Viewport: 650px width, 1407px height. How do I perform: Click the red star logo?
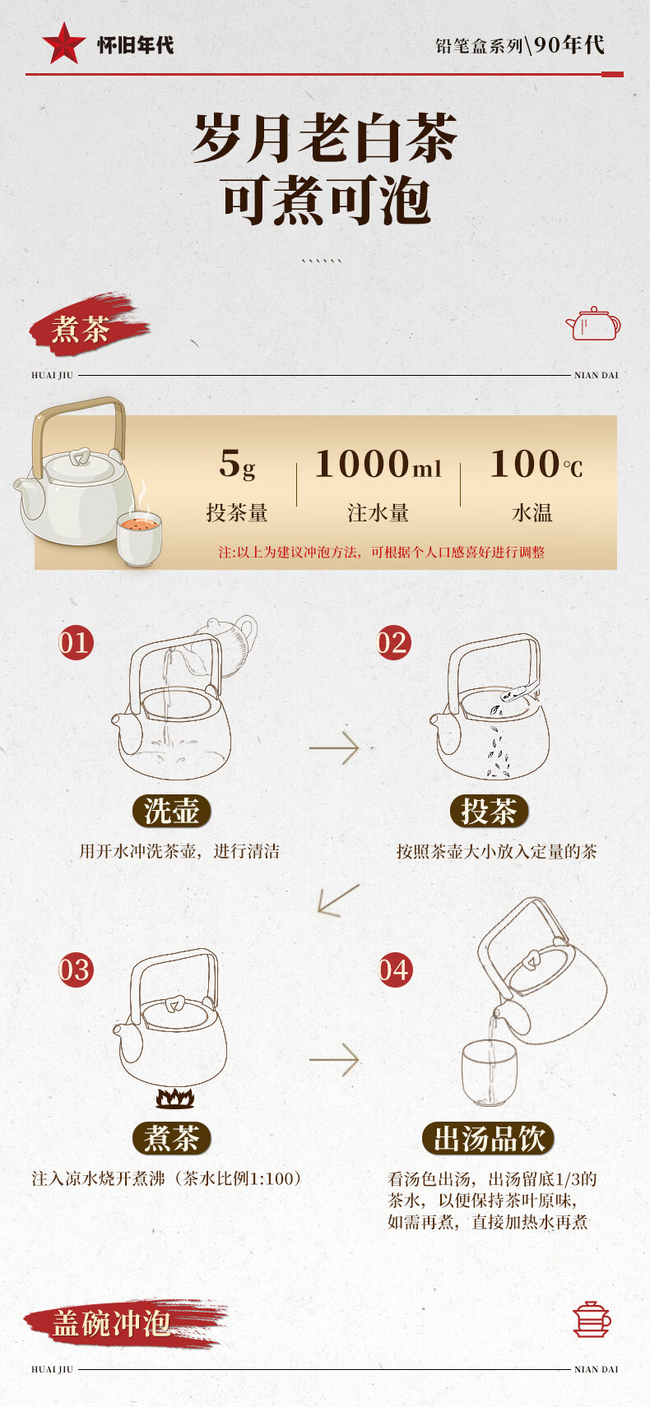pyautogui.click(x=64, y=44)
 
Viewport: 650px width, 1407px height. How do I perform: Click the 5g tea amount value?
pyautogui.click(x=237, y=464)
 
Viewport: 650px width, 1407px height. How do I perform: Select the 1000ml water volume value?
pyautogui.click(x=378, y=464)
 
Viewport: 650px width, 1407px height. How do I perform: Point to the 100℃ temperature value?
pyautogui.click(x=536, y=464)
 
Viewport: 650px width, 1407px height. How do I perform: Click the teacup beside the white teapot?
pyautogui.click(x=139, y=537)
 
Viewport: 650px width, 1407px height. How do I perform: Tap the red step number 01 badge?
pyautogui.click(x=76, y=642)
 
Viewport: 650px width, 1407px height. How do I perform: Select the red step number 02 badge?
pyautogui.click(x=394, y=642)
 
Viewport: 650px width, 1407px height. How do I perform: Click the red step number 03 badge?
pyautogui.click(x=76, y=970)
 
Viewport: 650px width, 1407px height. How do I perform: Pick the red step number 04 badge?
pyautogui.click(x=396, y=970)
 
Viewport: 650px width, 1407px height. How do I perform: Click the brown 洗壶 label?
pyautogui.click(x=172, y=811)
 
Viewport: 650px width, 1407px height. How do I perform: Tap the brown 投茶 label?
pyautogui.click(x=489, y=811)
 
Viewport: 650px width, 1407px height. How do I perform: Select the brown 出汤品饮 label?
pyautogui.click(x=489, y=1138)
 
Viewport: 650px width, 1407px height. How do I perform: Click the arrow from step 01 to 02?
pyautogui.click(x=334, y=748)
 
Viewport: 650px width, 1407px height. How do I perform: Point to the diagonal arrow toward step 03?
pyautogui.click(x=338, y=899)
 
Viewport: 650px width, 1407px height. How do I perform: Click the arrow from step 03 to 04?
pyautogui.click(x=334, y=1060)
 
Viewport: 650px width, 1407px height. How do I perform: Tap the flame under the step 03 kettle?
pyautogui.click(x=175, y=1098)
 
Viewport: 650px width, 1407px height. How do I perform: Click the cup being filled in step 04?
pyautogui.click(x=489, y=1073)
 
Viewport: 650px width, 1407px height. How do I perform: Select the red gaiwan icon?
pyautogui.click(x=592, y=1319)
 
